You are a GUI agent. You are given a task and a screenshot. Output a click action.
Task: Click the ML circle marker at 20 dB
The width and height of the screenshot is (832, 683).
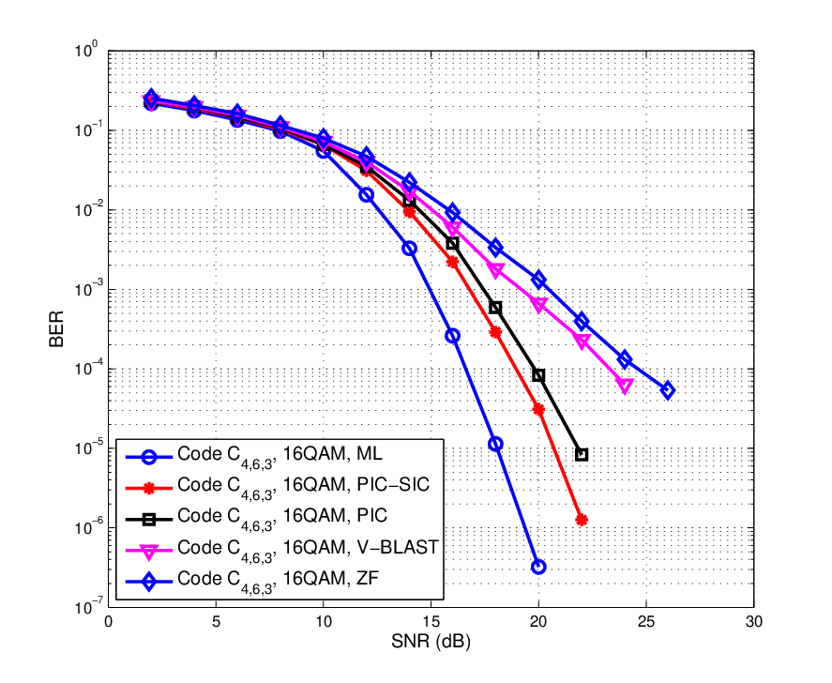point(538,567)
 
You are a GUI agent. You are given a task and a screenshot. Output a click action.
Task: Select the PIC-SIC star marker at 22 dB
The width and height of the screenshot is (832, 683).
point(582,520)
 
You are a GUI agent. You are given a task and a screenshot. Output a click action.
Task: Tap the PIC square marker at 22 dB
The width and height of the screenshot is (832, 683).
point(582,454)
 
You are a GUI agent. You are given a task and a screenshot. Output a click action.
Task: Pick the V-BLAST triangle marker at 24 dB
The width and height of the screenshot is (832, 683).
point(625,386)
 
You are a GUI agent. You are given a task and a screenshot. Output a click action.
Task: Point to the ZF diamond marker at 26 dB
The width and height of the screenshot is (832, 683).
point(668,390)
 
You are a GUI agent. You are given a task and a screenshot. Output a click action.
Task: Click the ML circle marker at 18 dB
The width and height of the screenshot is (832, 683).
point(495,444)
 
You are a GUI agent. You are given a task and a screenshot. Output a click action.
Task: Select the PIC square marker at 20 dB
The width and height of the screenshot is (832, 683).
point(538,375)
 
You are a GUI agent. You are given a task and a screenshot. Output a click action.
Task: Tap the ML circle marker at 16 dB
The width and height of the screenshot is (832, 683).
point(453,336)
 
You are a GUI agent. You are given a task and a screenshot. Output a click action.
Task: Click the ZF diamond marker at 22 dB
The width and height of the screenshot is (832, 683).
point(582,321)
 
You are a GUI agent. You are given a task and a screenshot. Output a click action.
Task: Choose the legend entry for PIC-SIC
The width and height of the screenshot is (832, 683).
point(277,487)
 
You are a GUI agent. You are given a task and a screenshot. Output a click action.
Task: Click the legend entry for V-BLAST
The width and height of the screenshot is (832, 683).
point(281,549)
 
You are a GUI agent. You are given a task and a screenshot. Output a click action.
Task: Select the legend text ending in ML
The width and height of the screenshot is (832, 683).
point(280,456)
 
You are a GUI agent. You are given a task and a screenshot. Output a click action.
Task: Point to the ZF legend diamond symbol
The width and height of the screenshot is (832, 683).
point(149,582)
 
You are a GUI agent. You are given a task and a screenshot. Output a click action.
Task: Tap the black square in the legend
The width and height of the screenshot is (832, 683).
point(149,520)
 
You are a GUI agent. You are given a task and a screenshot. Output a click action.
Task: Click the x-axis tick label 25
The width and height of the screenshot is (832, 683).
point(646,622)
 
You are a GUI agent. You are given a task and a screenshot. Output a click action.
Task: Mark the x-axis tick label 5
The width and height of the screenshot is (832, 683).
point(216,622)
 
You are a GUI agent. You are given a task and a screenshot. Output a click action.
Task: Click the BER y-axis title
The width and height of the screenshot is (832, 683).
point(56,329)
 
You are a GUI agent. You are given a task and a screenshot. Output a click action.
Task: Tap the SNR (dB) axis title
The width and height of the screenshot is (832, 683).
point(431,642)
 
